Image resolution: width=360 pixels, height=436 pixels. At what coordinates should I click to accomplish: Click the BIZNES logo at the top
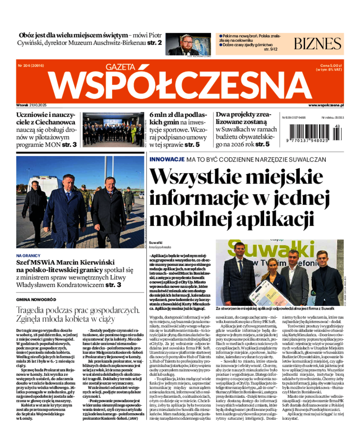(317, 44)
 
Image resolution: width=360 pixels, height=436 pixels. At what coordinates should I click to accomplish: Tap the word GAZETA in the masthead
(120, 67)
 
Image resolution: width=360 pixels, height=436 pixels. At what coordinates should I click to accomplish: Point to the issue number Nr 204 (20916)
(31, 66)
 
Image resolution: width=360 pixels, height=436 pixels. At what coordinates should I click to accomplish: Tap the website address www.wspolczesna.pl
(326, 105)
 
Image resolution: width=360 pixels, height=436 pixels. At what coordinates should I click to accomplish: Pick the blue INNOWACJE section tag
(166, 159)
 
